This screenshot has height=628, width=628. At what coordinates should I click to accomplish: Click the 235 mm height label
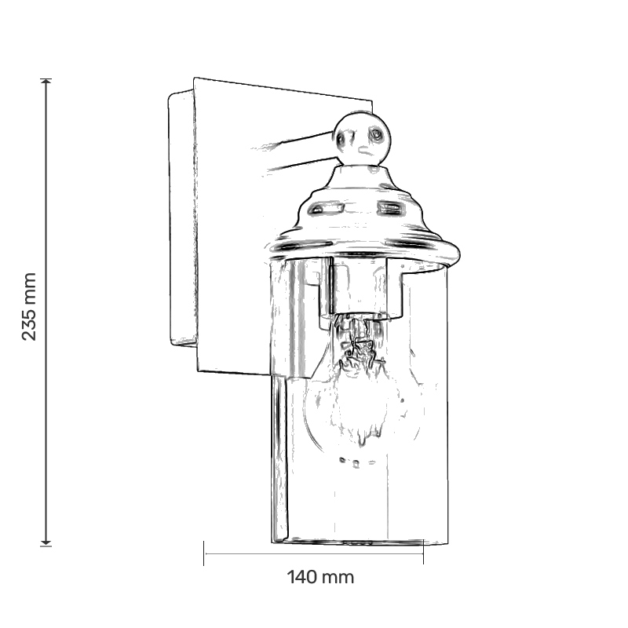(29, 306)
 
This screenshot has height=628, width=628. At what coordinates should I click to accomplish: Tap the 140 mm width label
(320, 578)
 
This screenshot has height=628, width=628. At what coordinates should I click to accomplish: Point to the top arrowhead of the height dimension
(46, 82)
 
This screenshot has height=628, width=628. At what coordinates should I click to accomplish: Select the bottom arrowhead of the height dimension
(46, 542)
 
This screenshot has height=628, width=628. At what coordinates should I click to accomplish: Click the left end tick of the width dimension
(204, 553)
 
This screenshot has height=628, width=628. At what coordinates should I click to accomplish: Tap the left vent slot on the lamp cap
(327, 208)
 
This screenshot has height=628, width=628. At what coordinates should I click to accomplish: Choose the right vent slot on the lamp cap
(389, 207)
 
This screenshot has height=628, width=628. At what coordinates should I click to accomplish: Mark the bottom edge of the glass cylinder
(360, 542)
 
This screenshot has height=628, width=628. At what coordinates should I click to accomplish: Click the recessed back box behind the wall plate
(182, 218)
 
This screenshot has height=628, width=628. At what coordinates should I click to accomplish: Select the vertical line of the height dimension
(46, 312)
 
